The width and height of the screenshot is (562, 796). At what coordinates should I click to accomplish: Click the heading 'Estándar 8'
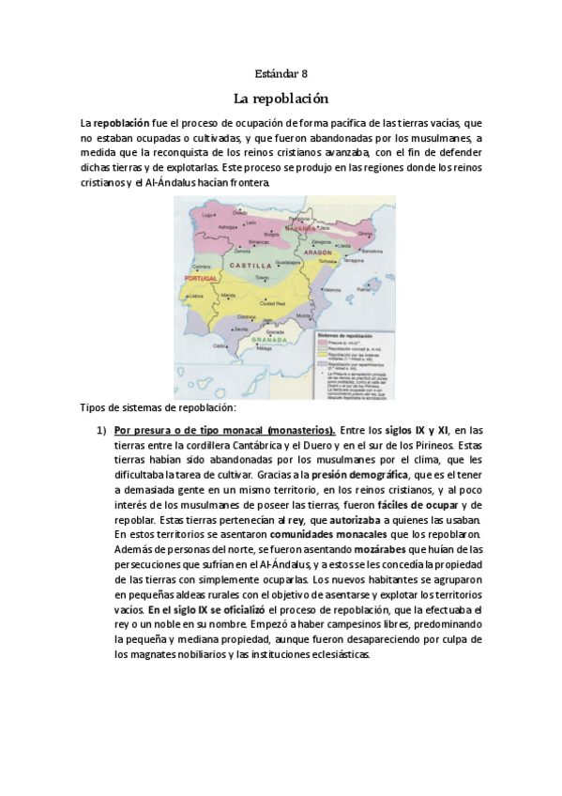pyautogui.click(x=281, y=72)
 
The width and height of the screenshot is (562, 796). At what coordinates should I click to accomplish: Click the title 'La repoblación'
pyautogui.click(x=281, y=97)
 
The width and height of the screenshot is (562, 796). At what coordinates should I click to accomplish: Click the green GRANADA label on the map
pyautogui.click(x=279, y=343)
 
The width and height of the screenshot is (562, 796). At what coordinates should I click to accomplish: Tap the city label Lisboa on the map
pyautogui.click(x=197, y=296)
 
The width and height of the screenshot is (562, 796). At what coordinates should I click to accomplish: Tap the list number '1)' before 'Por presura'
pyautogui.click(x=104, y=429)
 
